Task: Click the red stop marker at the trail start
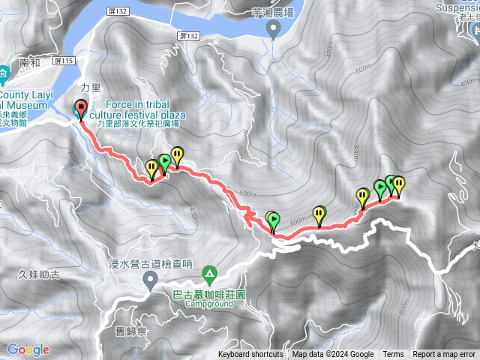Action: pos(81,109)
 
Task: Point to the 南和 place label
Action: pos(30,64)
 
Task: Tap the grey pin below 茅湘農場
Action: pos(274,28)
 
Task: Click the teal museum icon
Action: pos(4,73)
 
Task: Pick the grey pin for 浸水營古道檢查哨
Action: pos(150,280)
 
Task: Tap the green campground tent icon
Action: pos(210,274)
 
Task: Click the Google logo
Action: pos(28,349)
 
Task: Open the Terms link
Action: pos(393,355)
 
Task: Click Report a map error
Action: pos(445,355)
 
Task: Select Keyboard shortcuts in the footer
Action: pos(250,355)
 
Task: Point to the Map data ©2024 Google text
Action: pos(333,355)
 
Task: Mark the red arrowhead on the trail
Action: pos(245,217)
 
